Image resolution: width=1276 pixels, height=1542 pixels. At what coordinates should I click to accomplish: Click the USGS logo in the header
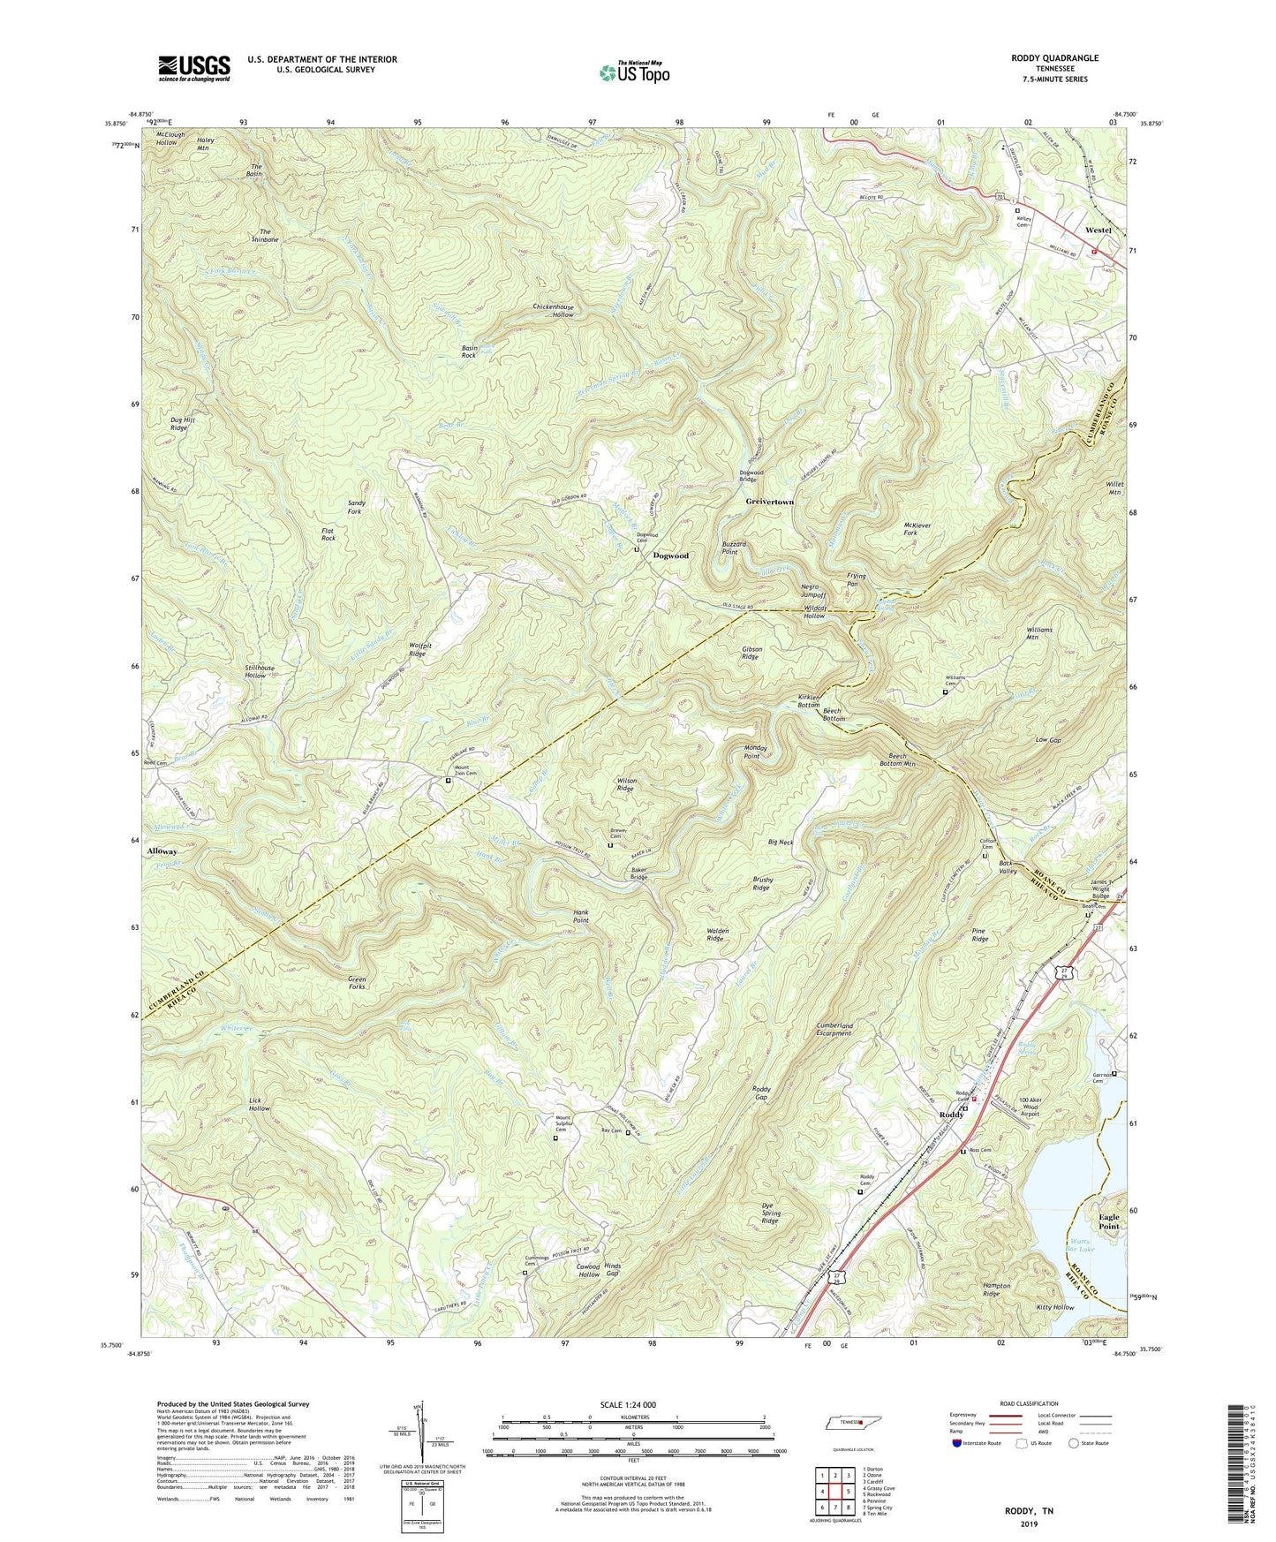pyautogui.click(x=194, y=68)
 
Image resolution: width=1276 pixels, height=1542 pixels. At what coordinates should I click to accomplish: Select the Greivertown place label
pyautogui.click(x=769, y=502)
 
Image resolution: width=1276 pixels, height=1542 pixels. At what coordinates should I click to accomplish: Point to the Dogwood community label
pyautogui.click(x=670, y=556)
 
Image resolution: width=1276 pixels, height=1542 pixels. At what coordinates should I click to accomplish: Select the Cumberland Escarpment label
pyautogui.click(x=834, y=1029)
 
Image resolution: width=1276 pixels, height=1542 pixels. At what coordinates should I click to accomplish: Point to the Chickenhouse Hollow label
pyautogui.click(x=553, y=311)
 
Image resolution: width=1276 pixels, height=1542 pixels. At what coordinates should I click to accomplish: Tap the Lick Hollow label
pyautogui.click(x=259, y=1104)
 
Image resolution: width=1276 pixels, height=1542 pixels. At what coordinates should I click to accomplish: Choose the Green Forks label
pyautogui.click(x=357, y=983)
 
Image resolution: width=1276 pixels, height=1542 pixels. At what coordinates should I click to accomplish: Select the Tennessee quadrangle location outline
pyautogui.click(x=843, y=1423)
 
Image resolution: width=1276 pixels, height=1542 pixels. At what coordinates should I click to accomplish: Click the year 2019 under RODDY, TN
pyautogui.click(x=1029, y=1523)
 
